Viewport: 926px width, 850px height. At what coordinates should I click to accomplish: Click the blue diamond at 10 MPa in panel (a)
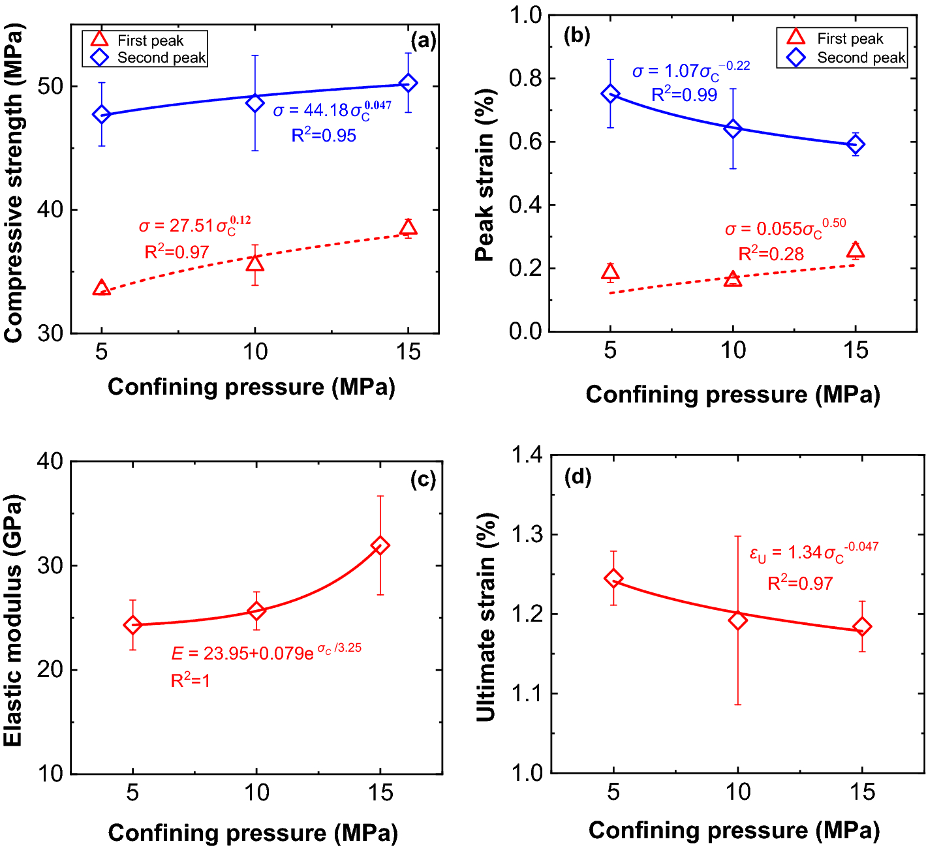point(255,103)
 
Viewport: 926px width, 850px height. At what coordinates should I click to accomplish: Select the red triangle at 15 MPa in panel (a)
point(409,228)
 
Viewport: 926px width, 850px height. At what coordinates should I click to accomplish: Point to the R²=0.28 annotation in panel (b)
point(771,254)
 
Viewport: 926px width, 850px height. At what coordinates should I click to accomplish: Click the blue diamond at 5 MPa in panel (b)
point(610,94)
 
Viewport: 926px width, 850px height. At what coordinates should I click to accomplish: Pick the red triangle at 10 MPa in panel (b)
point(733,279)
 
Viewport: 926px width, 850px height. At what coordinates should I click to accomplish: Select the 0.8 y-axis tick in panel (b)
point(525,78)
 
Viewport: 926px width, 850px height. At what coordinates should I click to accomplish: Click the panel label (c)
point(423,480)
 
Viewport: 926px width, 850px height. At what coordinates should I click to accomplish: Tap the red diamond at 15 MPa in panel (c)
point(380,545)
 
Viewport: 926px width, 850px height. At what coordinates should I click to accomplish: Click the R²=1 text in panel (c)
point(191,680)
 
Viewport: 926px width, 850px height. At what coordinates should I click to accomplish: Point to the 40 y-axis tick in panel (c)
point(50,462)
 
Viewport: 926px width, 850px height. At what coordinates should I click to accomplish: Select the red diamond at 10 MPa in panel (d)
point(738,620)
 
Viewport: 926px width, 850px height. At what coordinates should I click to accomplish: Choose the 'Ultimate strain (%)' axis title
point(486,616)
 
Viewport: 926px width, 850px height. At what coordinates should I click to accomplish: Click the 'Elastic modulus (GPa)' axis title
point(13,620)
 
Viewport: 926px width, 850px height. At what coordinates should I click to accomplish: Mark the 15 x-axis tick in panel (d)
point(862,792)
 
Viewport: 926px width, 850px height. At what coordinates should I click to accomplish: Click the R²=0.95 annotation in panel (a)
point(324,135)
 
